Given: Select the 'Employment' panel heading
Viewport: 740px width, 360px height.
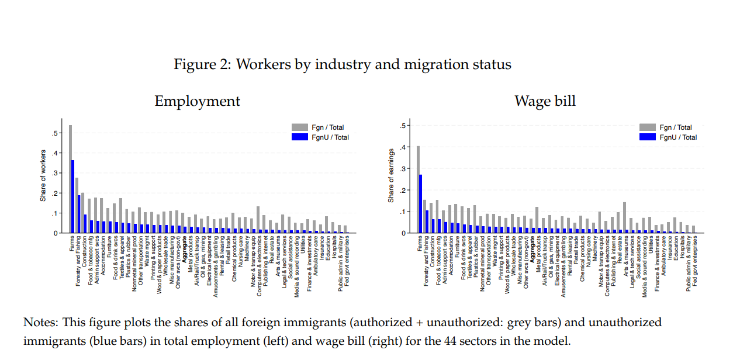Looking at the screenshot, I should [197, 101].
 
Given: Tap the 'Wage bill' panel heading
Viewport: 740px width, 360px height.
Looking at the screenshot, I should [545, 101].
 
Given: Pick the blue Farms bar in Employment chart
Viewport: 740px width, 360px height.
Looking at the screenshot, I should [72, 196].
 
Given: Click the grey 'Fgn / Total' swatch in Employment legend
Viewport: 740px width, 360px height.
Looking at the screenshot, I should [299, 127].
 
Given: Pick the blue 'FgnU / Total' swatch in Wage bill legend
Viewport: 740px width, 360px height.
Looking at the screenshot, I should [648, 137].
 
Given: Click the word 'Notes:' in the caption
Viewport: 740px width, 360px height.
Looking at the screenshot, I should [41, 323].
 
